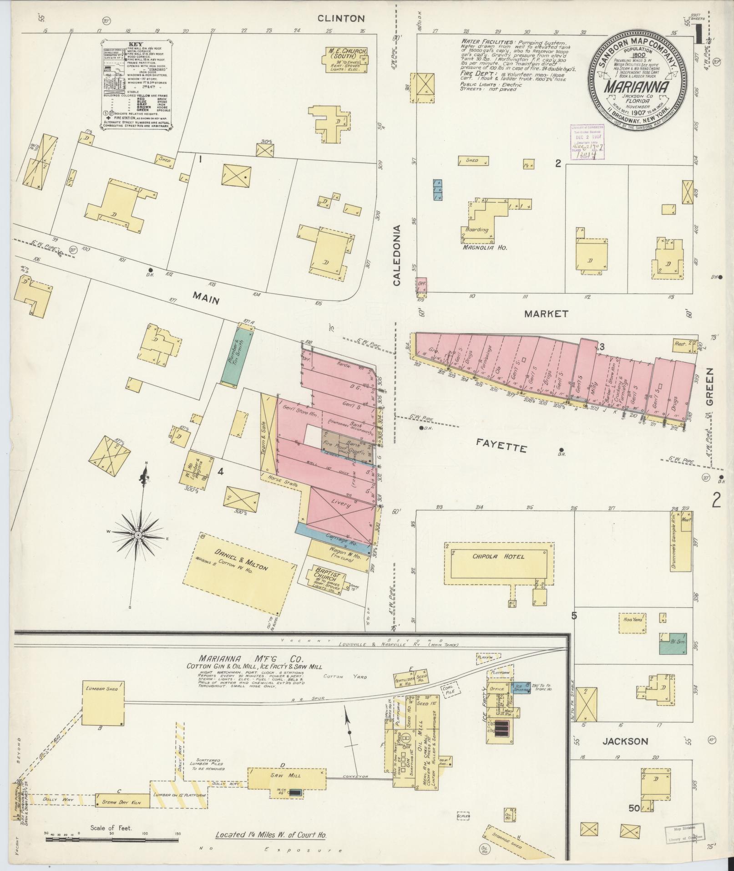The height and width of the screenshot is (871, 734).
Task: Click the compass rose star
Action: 138,535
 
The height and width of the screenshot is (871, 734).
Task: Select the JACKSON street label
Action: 625,741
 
